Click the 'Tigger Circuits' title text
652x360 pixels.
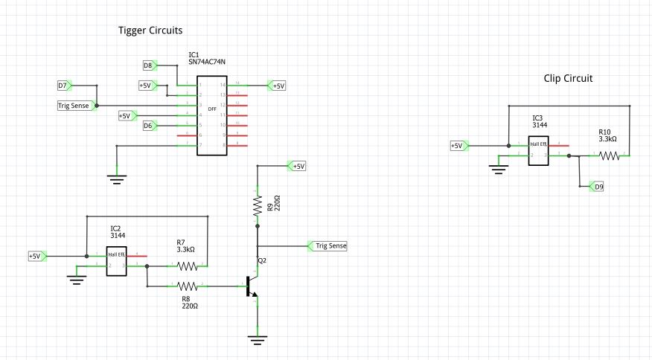point(150,30)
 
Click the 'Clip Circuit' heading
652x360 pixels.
point(569,77)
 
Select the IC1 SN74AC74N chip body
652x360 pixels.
point(211,115)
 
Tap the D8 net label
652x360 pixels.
point(147,65)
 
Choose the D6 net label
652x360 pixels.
point(147,126)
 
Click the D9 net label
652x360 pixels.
point(597,187)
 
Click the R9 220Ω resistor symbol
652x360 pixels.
point(257,204)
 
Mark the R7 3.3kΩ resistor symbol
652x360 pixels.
point(187,266)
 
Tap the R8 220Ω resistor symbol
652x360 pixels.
point(187,286)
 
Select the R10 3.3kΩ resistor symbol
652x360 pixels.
point(610,155)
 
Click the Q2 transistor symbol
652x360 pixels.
point(252,286)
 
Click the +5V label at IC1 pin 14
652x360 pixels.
point(278,86)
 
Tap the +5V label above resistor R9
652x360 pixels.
point(298,166)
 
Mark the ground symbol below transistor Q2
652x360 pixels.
point(257,340)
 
